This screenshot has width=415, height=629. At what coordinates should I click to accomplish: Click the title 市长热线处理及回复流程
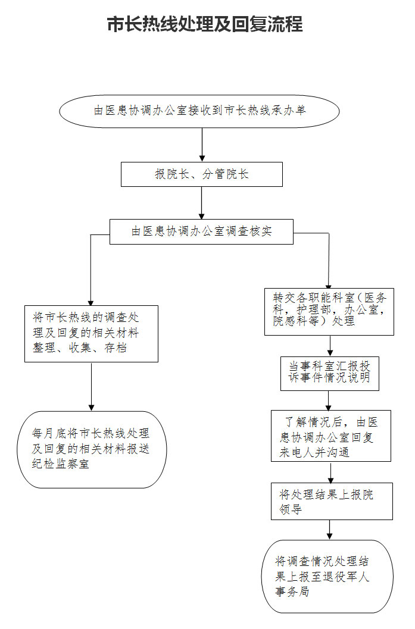(x=205, y=24)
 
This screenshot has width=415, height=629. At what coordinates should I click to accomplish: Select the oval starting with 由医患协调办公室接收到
(x=199, y=111)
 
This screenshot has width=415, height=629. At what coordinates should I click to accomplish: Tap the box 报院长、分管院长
(x=202, y=174)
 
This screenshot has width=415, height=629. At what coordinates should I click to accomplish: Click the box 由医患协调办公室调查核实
(x=201, y=231)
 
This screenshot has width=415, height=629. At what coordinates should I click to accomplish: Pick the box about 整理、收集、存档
(x=92, y=334)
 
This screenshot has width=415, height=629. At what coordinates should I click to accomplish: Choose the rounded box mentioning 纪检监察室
(x=92, y=449)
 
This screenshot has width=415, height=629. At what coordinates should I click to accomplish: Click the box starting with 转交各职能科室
(x=329, y=312)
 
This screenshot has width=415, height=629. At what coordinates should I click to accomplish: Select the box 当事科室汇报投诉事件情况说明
(x=329, y=374)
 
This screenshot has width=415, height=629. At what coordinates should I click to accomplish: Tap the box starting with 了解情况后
(x=330, y=436)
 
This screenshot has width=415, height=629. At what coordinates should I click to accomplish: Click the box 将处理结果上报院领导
(x=332, y=502)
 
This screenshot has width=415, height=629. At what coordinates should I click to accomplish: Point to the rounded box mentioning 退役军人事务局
(x=327, y=577)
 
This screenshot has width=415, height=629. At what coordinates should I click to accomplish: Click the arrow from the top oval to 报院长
(x=202, y=145)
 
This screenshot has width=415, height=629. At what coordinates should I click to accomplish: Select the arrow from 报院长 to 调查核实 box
(x=202, y=203)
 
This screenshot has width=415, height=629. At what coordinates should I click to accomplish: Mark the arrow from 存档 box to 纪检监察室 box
(x=92, y=387)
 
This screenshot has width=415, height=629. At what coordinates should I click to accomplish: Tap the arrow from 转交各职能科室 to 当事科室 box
(x=330, y=346)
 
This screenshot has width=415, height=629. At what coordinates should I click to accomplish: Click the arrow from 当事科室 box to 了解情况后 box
(x=329, y=400)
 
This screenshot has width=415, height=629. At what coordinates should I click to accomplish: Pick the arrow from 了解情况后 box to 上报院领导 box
(x=330, y=472)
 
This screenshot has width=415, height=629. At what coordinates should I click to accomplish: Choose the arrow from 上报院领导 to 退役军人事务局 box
(x=329, y=530)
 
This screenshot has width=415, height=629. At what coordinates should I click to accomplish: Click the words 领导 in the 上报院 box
(x=291, y=509)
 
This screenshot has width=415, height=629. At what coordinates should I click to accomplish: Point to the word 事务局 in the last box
(x=292, y=592)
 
